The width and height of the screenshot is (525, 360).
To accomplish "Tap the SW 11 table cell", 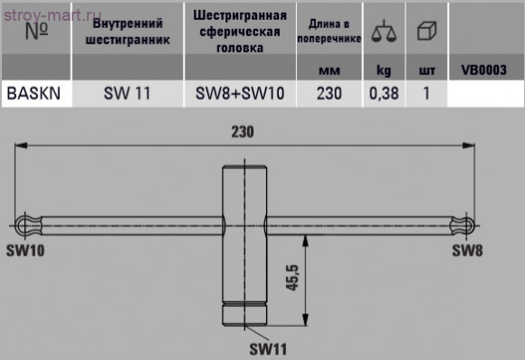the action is click(x=128, y=91).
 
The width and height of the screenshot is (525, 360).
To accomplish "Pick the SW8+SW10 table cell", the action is click(x=240, y=91).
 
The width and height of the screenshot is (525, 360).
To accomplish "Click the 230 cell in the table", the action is click(x=329, y=91).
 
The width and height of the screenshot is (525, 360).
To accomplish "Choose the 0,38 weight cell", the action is click(x=384, y=91).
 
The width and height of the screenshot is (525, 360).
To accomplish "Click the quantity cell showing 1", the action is click(x=425, y=91).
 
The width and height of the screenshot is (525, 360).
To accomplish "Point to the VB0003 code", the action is click(x=483, y=69).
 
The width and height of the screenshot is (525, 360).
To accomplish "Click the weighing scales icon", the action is click(x=385, y=32).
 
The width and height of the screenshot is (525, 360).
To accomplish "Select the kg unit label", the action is click(x=384, y=69).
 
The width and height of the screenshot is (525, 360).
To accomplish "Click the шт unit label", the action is click(x=426, y=69).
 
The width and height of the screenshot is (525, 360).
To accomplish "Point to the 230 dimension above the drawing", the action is click(x=242, y=131).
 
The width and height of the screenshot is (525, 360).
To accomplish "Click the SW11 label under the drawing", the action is click(x=269, y=347).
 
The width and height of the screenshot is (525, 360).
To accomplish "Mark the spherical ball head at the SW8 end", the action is click(x=463, y=223).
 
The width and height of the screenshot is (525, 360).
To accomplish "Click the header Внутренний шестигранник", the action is click(x=128, y=32).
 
